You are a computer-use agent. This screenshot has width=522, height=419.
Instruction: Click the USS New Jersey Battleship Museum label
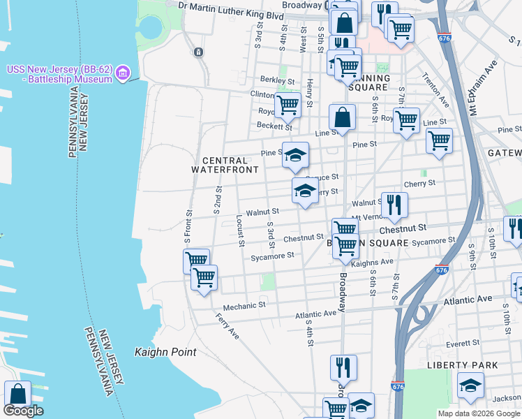59,74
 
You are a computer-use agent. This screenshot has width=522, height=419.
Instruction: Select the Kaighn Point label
165,352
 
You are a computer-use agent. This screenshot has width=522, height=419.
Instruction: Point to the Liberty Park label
463,365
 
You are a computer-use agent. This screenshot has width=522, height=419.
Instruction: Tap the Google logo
23,411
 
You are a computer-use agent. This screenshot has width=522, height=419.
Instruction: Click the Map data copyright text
479,413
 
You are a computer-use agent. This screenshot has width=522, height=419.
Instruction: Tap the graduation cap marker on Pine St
295,155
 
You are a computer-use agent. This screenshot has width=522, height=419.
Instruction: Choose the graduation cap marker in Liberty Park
470,385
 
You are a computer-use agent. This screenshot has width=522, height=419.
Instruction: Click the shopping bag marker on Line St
343,117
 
